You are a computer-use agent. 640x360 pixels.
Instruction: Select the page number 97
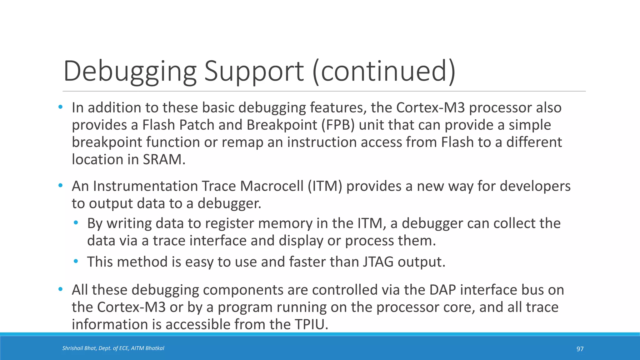coord(580,349)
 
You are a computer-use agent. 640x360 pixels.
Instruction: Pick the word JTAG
coord(378,262)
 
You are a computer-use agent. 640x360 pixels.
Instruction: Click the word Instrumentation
coord(145,186)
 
